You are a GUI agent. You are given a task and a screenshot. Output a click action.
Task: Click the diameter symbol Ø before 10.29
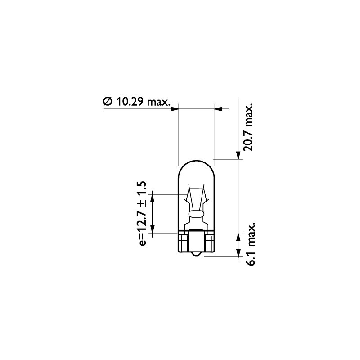point(108,102)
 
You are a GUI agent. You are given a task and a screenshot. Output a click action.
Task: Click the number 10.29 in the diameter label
point(130,102)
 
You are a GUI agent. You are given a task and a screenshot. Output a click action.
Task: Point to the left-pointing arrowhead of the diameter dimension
point(217,108)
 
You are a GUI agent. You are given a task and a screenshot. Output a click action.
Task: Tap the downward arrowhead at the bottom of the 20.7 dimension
point(238,155)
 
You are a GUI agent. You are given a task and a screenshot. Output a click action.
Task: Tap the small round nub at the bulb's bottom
point(196,255)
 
